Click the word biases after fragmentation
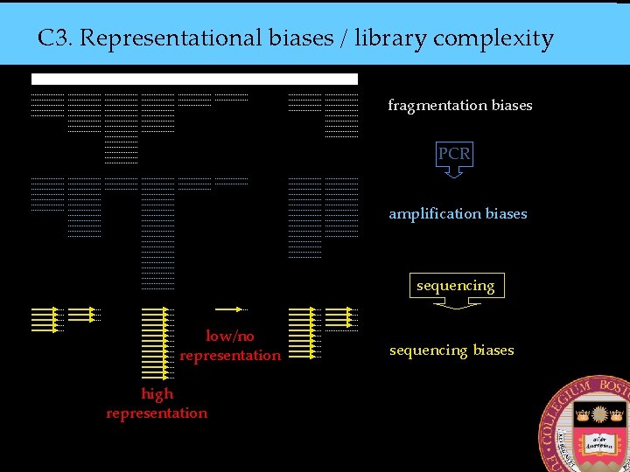[x=512, y=106]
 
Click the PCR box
[x=454, y=154]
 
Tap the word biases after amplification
[x=507, y=213]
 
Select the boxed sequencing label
[x=455, y=286]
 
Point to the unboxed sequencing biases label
[x=451, y=351]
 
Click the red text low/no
[x=230, y=336]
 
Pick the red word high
[x=157, y=393]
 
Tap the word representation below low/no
[x=230, y=356]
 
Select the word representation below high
[x=157, y=413]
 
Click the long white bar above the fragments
[x=194, y=79]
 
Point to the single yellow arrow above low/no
[x=230, y=309]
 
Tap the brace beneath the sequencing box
[x=455, y=305]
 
